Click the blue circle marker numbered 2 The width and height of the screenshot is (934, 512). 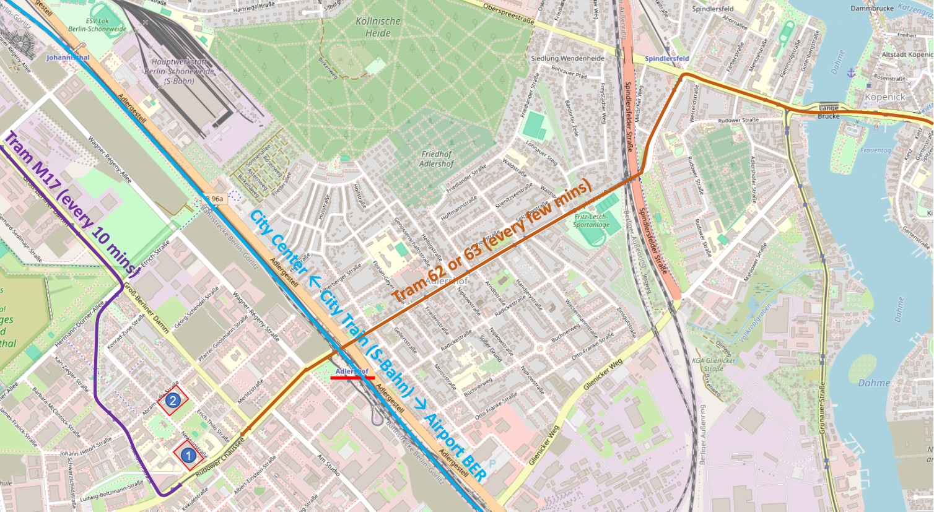(173, 401)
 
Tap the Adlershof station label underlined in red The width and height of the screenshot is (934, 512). (352, 371)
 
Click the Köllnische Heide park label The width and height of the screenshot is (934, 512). (377, 27)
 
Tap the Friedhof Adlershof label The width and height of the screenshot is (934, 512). (436, 159)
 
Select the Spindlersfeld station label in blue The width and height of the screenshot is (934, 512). (666, 59)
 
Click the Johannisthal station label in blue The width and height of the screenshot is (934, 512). (68, 58)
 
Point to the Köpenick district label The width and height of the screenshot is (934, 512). (884, 97)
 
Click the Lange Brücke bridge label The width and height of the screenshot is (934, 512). (828, 112)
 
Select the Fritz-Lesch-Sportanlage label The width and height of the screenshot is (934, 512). (591, 221)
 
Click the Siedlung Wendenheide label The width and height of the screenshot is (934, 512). (567, 58)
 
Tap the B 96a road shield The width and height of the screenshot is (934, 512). (214, 199)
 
